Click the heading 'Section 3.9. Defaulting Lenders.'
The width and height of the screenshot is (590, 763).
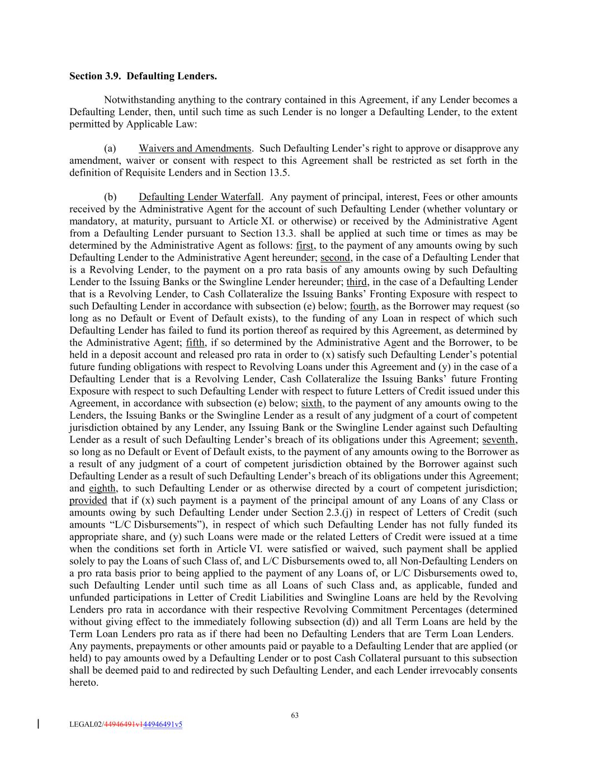pyautogui.click(x=143, y=76)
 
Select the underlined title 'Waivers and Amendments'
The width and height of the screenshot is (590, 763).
pyautogui.click(x=195, y=149)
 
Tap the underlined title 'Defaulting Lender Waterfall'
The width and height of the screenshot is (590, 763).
pyautogui.click(x=200, y=197)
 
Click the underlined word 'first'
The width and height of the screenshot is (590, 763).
pyautogui.click(x=305, y=246)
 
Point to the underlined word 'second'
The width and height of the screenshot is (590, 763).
pyautogui.click(x=336, y=258)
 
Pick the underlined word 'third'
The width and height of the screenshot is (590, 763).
pyautogui.click(x=356, y=282)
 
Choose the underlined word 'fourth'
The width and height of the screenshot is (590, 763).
pyautogui.click(x=362, y=306)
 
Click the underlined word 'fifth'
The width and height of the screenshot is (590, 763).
pyautogui.click(x=195, y=343)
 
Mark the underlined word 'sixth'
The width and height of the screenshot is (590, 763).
pyautogui.click(x=311, y=404)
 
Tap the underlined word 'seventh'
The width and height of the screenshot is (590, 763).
pyautogui.click(x=499, y=440)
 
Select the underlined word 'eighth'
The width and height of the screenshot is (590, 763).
pyautogui.click(x=102, y=489)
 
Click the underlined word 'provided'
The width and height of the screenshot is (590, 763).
pyautogui.click(x=88, y=501)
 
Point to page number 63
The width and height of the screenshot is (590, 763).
pyautogui.click(x=295, y=715)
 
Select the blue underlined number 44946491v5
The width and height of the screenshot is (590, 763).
pyautogui.click(x=163, y=725)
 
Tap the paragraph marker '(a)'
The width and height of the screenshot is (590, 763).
pyautogui.click(x=110, y=149)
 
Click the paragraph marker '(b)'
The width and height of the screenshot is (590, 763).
pyautogui.click(x=110, y=197)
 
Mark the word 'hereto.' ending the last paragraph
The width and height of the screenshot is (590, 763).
pyautogui.click(x=84, y=683)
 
